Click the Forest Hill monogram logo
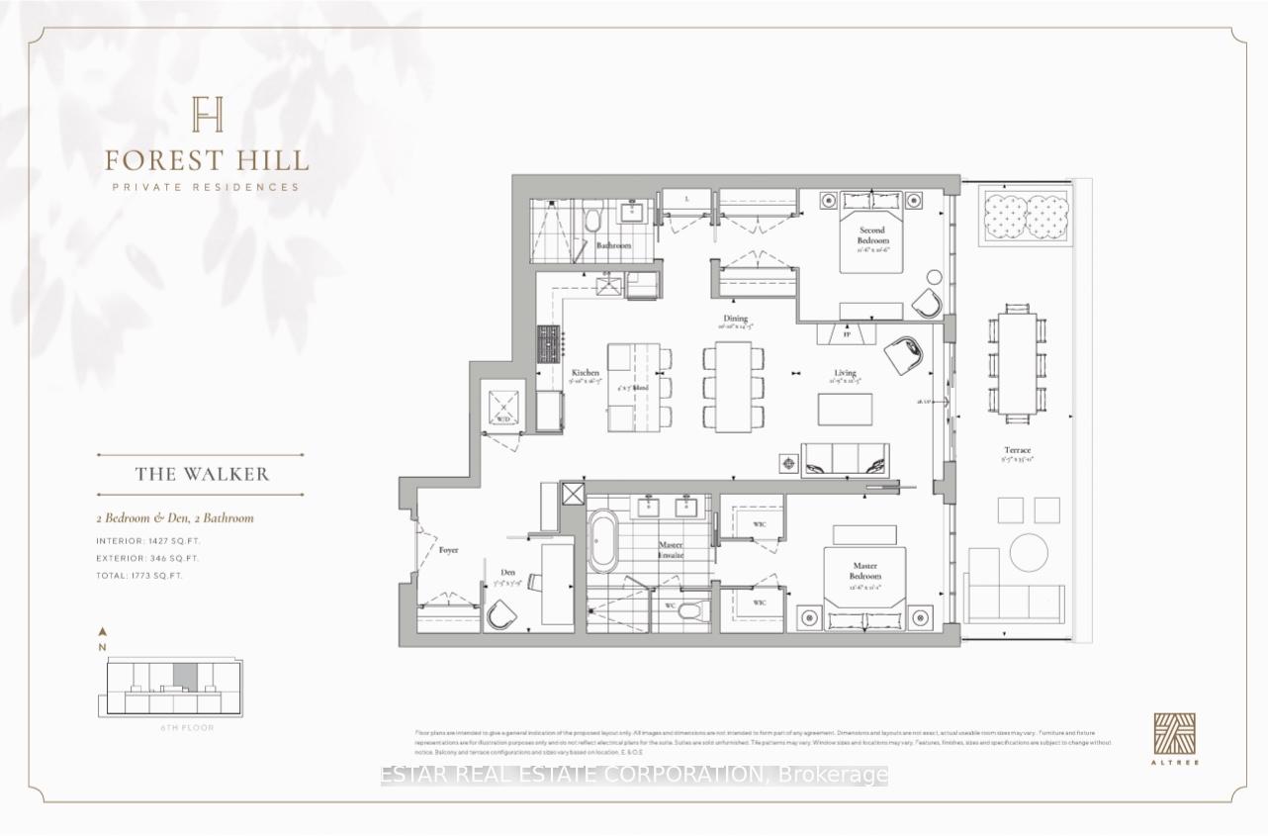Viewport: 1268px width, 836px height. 208,114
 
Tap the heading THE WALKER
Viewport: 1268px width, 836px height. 202,474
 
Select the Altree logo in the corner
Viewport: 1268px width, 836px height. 1174,734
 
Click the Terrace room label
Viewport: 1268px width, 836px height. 1017,450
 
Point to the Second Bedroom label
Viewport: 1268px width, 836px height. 873,235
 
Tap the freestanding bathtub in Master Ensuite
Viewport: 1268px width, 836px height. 602,541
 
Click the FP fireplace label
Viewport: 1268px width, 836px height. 847,335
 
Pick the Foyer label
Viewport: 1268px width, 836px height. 448,550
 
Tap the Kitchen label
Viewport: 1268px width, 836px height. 586,374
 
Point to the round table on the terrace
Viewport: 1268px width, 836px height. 1029,553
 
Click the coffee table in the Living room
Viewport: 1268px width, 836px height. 845,410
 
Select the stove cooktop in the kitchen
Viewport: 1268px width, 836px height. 549,347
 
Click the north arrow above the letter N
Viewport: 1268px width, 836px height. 103,631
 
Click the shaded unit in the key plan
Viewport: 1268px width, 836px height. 184,677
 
